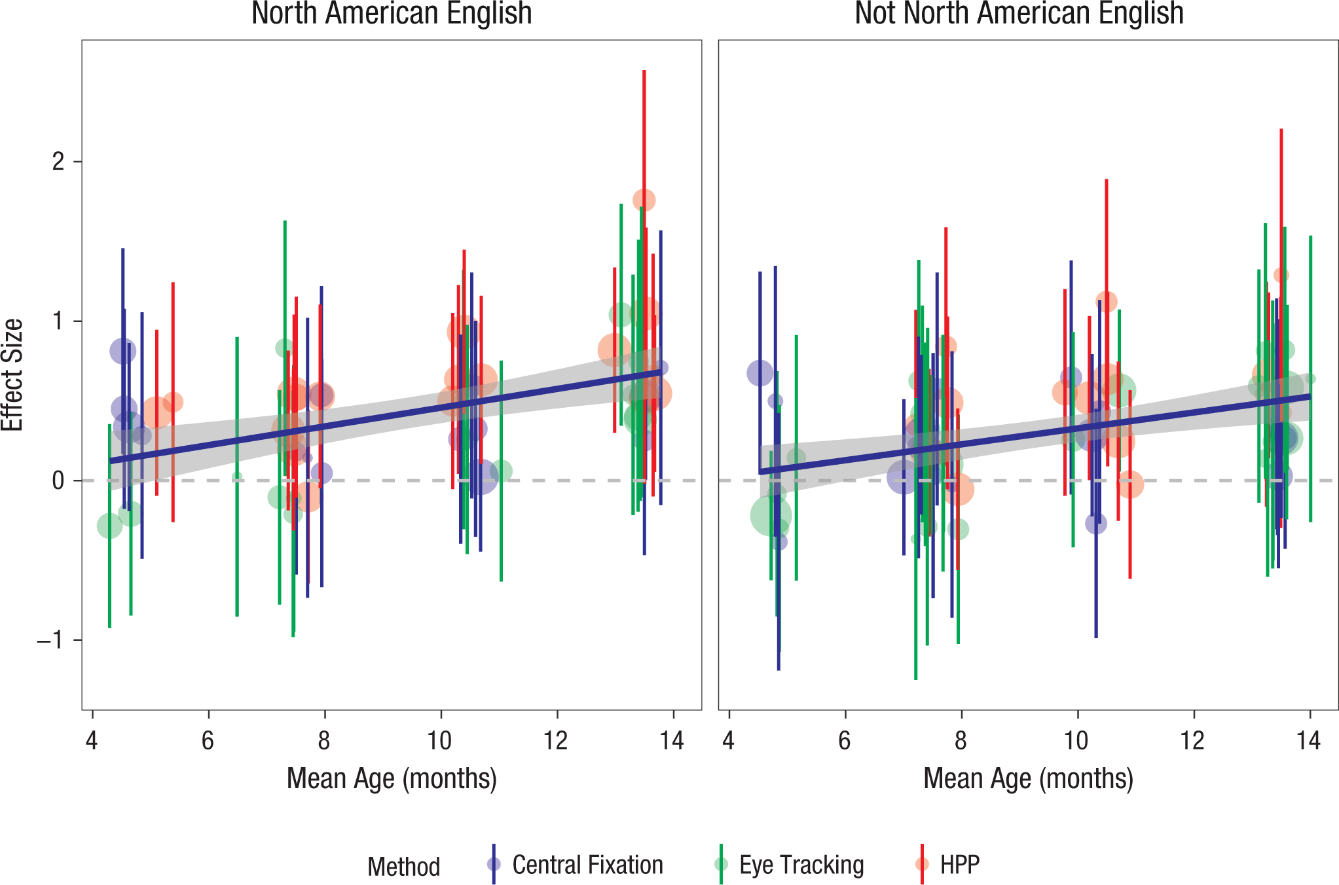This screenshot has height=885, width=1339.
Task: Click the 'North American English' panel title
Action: [392, 13]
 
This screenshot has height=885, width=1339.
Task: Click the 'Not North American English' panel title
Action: [1019, 13]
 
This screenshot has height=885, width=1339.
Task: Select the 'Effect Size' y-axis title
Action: [12, 374]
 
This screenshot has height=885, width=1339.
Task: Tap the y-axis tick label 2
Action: [59, 161]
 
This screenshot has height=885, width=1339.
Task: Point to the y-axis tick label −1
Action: [51, 640]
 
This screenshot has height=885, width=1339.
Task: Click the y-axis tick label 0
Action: [59, 480]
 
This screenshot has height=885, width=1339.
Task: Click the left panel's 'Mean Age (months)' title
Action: [392, 779]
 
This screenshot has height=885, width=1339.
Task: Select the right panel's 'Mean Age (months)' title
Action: [1028, 779]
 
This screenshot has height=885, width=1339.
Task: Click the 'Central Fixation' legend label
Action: [587, 865]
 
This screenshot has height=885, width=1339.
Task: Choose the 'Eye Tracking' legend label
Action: [801, 865]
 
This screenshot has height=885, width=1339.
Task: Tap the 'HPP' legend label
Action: [960, 865]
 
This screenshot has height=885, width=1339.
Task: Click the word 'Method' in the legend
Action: [403, 867]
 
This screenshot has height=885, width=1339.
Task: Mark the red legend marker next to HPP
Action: [922, 864]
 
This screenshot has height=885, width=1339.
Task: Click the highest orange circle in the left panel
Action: [644, 200]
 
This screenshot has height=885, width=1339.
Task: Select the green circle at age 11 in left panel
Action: [501, 471]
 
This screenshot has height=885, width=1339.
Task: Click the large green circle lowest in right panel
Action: [771, 516]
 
